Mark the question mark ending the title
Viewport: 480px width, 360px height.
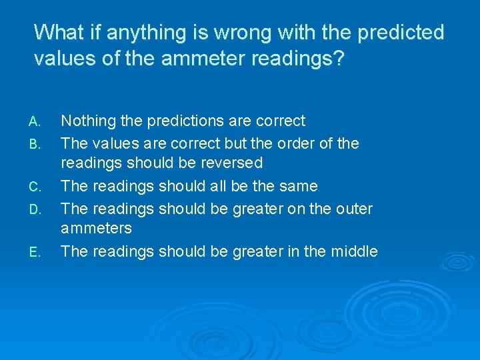(x=339, y=59)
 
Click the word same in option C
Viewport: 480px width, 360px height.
(x=298, y=187)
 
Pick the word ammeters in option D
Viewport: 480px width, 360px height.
(x=96, y=229)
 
